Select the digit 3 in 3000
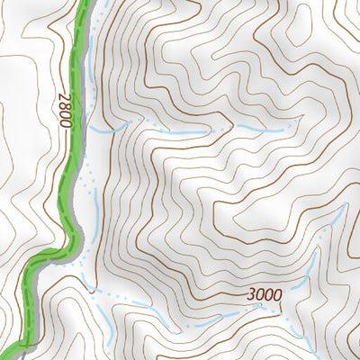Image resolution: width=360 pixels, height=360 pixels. click(248, 295)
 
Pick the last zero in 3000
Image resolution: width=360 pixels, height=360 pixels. click(277, 295)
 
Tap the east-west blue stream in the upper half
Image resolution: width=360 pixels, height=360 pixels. click(180, 133)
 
